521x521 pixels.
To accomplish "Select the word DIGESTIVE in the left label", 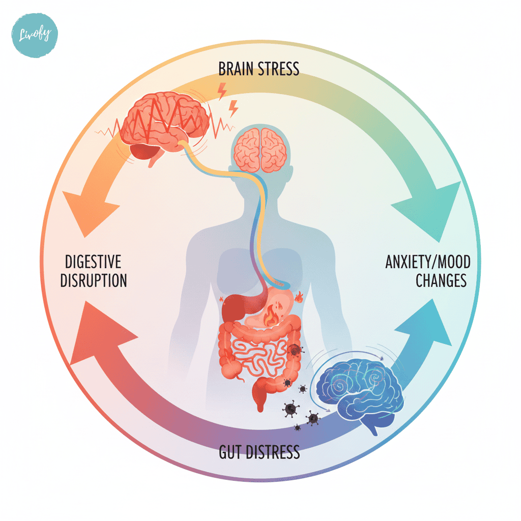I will (93, 263).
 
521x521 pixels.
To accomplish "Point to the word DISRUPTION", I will (93, 281).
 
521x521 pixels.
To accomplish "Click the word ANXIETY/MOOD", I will (427, 263).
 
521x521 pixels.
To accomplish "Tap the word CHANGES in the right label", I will (441, 281).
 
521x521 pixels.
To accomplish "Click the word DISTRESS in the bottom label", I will (273, 452).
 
